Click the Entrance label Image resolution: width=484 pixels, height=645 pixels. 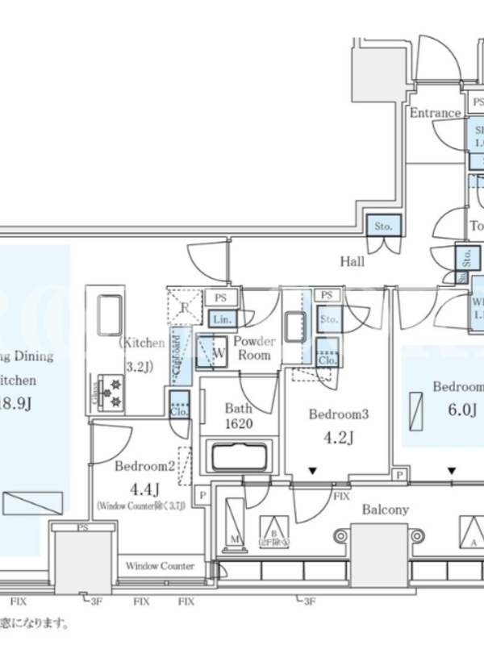tap(434, 113)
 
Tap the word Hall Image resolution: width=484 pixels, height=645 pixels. tap(352, 261)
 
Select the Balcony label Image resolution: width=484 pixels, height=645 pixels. tap(385, 509)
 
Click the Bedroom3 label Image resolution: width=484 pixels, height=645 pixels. tap(339, 414)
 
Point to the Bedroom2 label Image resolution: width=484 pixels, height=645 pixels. tap(144, 466)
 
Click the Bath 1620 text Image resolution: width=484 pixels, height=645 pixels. tap(239, 416)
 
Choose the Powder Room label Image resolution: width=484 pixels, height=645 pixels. tap(256, 347)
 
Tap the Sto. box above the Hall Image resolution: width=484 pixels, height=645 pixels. tap(383, 227)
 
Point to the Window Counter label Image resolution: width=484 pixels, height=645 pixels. tap(160, 566)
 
